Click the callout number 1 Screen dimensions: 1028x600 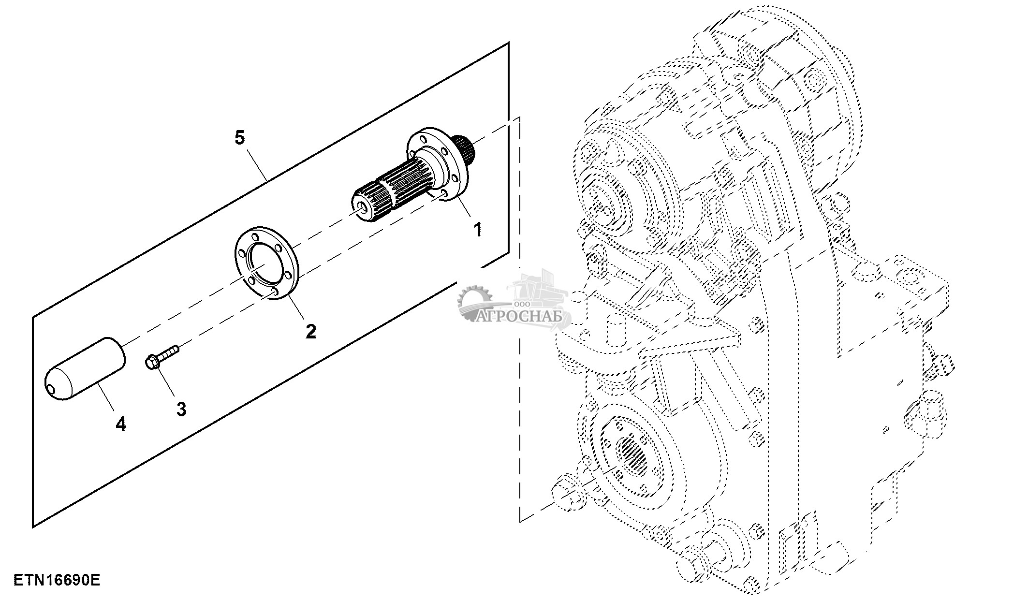(x=477, y=229)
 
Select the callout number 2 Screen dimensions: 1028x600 (x=310, y=331)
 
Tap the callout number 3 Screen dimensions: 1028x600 (x=181, y=409)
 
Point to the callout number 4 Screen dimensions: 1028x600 (x=121, y=424)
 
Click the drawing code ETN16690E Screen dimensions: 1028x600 (x=57, y=580)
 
